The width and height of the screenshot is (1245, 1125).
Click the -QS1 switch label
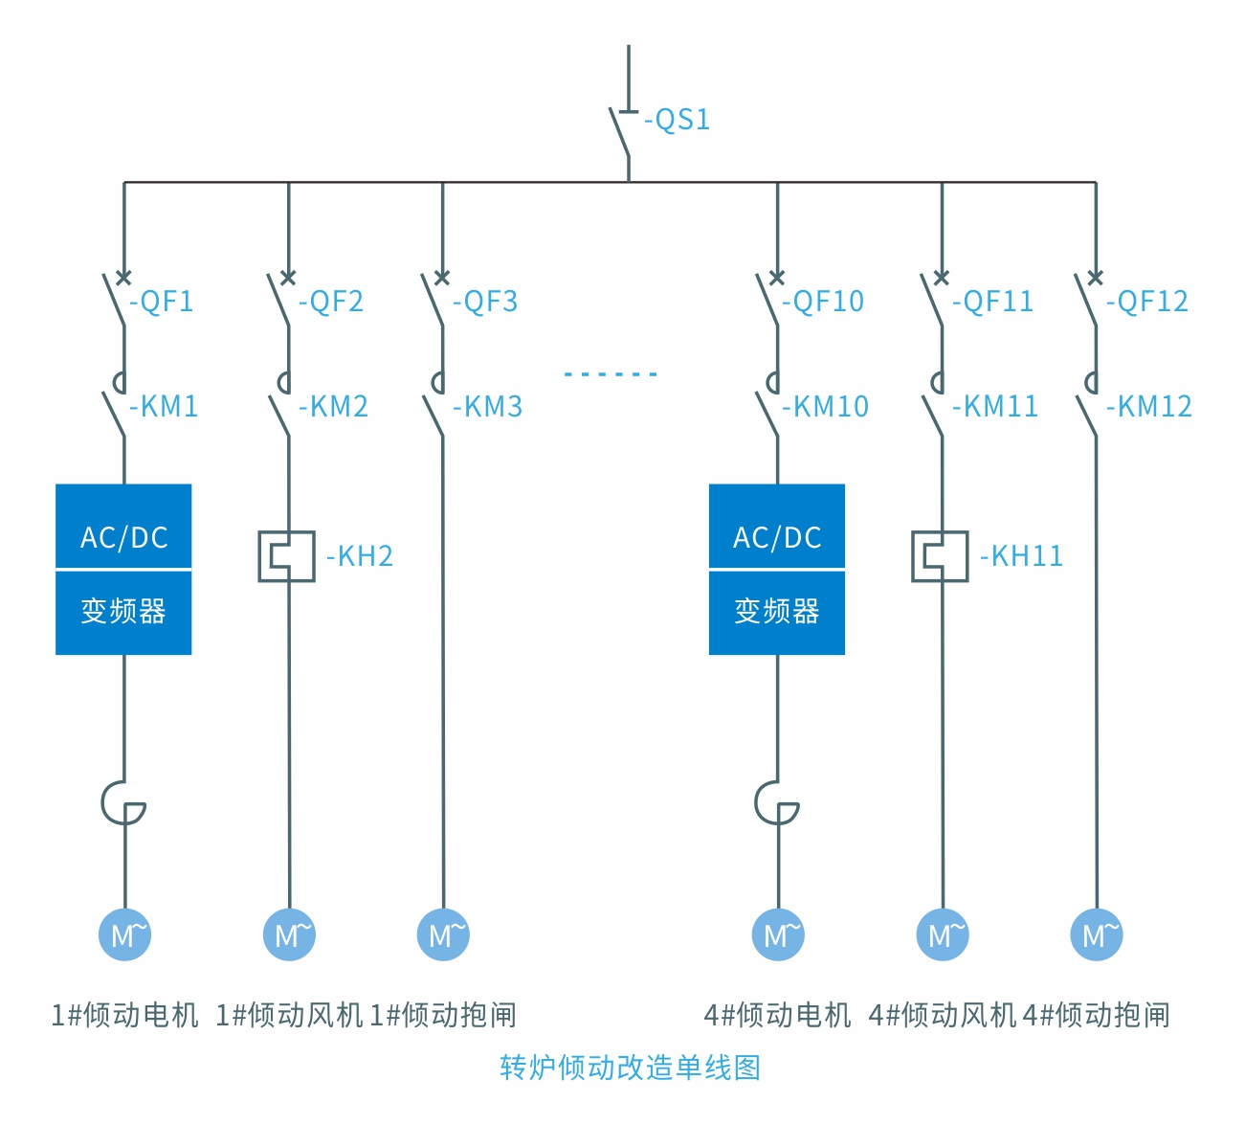(677, 120)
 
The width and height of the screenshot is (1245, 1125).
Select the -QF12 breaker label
(1146, 302)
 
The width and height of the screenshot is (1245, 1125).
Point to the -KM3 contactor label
(487, 407)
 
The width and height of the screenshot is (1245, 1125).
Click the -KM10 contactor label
(825, 407)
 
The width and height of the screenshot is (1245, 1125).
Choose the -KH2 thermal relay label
(359, 556)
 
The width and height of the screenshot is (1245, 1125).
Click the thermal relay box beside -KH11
(940, 556)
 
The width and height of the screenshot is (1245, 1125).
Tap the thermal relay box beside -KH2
(287, 556)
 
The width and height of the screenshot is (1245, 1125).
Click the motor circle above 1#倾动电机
(125, 934)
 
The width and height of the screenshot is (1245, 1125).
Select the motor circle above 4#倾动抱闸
(1097, 934)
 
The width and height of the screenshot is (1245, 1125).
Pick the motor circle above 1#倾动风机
(290, 934)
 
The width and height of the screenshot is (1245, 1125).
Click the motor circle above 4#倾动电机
(778, 934)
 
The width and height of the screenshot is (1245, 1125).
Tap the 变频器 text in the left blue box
(123, 611)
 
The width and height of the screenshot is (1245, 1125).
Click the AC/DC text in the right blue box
(777, 538)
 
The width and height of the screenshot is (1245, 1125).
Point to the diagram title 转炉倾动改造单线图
(630, 1068)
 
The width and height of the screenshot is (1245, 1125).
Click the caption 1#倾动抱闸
(443, 1015)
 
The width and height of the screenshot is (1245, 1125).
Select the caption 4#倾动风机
(942, 1015)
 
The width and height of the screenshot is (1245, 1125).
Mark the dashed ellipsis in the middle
(611, 373)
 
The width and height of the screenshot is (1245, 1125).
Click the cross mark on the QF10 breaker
(777, 278)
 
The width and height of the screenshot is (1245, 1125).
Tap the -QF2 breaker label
(330, 302)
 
